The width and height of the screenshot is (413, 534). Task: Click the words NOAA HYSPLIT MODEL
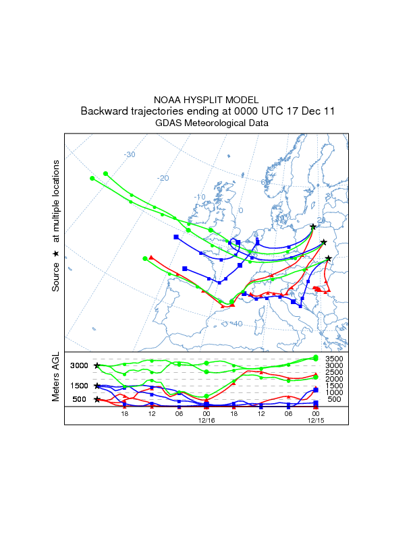[206, 99]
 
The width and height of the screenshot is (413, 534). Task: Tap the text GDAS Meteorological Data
[206, 123]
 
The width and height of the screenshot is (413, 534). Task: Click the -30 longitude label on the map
[130, 154]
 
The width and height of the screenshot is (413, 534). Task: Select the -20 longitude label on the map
[163, 177]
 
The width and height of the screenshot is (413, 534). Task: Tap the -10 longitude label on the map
[200, 197]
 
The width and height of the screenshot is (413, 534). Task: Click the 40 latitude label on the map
[237, 324]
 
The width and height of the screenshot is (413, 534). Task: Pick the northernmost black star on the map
[313, 227]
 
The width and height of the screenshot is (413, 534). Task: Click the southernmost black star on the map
[329, 258]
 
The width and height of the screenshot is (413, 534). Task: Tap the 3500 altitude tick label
[335, 359]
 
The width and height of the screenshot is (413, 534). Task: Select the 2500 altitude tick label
[335, 372]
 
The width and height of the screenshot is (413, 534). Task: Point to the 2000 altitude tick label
[335, 379]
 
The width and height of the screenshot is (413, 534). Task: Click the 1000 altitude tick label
[335, 392]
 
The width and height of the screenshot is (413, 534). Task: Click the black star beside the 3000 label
[97, 365]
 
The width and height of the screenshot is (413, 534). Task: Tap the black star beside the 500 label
[97, 399]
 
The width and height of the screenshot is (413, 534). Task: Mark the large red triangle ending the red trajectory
[151, 257]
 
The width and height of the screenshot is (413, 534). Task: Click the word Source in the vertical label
[56, 277]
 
